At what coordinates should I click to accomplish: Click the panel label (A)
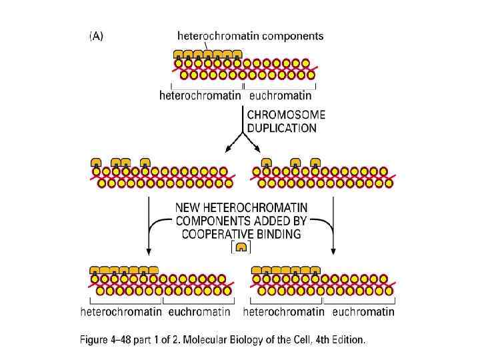pos(96,37)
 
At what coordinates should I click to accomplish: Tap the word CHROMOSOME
pos(282,115)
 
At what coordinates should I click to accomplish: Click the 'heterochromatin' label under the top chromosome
pos(200,96)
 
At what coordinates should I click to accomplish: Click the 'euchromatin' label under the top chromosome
pos(280,96)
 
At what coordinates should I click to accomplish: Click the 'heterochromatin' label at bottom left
pos(121,311)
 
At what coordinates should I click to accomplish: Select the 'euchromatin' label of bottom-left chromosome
pos(199,311)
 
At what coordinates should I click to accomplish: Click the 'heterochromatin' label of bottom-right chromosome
pos(283,311)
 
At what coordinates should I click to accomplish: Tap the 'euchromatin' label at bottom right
pos(363,311)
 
